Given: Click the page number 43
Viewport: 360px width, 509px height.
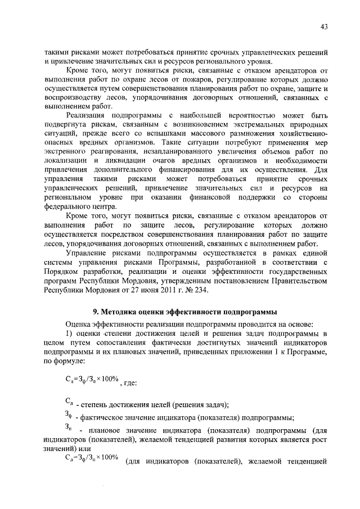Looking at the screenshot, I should click(x=324, y=26).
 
